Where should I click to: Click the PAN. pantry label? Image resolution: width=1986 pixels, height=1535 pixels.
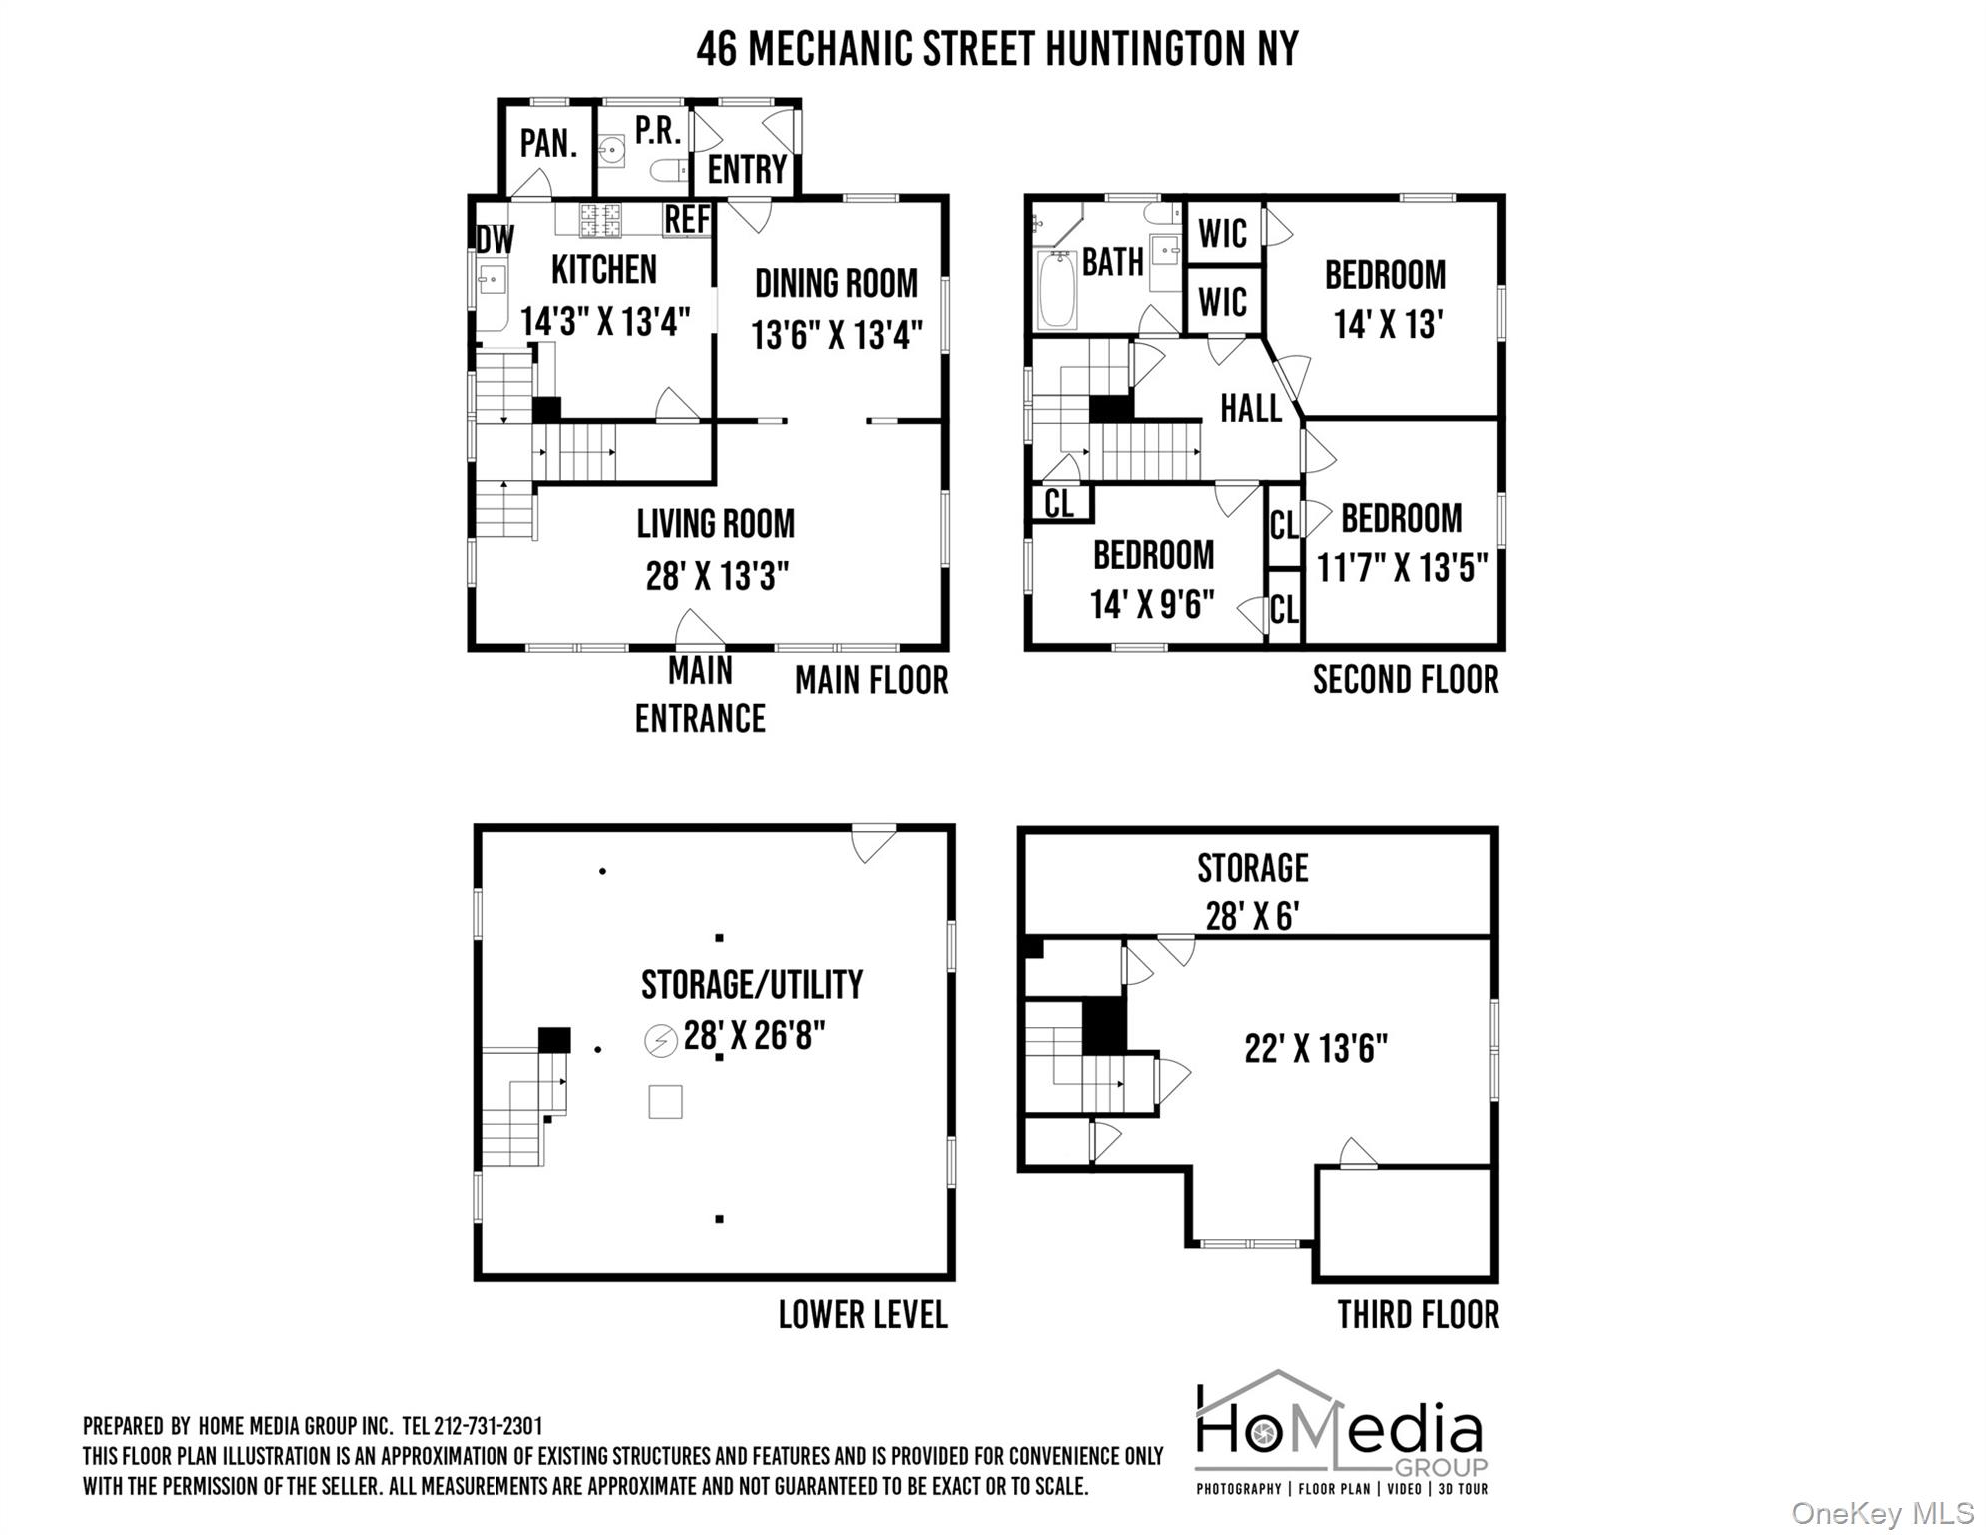[x=548, y=144]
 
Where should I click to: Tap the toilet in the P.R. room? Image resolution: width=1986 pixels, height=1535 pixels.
[x=669, y=171]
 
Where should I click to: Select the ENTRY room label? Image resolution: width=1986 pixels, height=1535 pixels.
[x=747, y=170]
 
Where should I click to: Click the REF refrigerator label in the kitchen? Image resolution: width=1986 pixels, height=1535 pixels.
[x=688, y=220]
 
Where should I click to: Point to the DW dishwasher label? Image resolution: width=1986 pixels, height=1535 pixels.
[x=496, y=240]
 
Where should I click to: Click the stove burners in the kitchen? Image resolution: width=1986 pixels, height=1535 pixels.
[x=600, y=218]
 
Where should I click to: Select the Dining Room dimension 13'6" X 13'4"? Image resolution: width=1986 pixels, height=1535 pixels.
[x=837, y=335]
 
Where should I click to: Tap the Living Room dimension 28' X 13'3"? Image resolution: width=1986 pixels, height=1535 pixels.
[x=717, y=577]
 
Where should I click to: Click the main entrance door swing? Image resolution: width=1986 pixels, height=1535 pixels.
[x=699, y=629]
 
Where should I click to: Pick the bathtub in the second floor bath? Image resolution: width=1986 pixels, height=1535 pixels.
[x=1055, y=290]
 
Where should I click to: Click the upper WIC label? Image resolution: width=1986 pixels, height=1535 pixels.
[x=1222, y=234]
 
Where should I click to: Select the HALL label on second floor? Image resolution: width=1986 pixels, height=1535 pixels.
[x=1250, y=409]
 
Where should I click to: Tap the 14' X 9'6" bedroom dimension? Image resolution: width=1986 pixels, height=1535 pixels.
[x=1152, y=605]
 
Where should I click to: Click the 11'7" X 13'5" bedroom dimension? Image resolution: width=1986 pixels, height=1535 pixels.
[x=1402, y=569]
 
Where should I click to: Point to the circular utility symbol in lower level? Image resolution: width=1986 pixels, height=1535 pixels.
[x=660, y=1041]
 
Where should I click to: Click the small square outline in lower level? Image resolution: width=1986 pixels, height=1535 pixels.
[x=665, y=1101]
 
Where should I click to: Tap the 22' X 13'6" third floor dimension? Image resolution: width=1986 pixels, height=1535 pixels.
[x=1316, y=1049]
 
